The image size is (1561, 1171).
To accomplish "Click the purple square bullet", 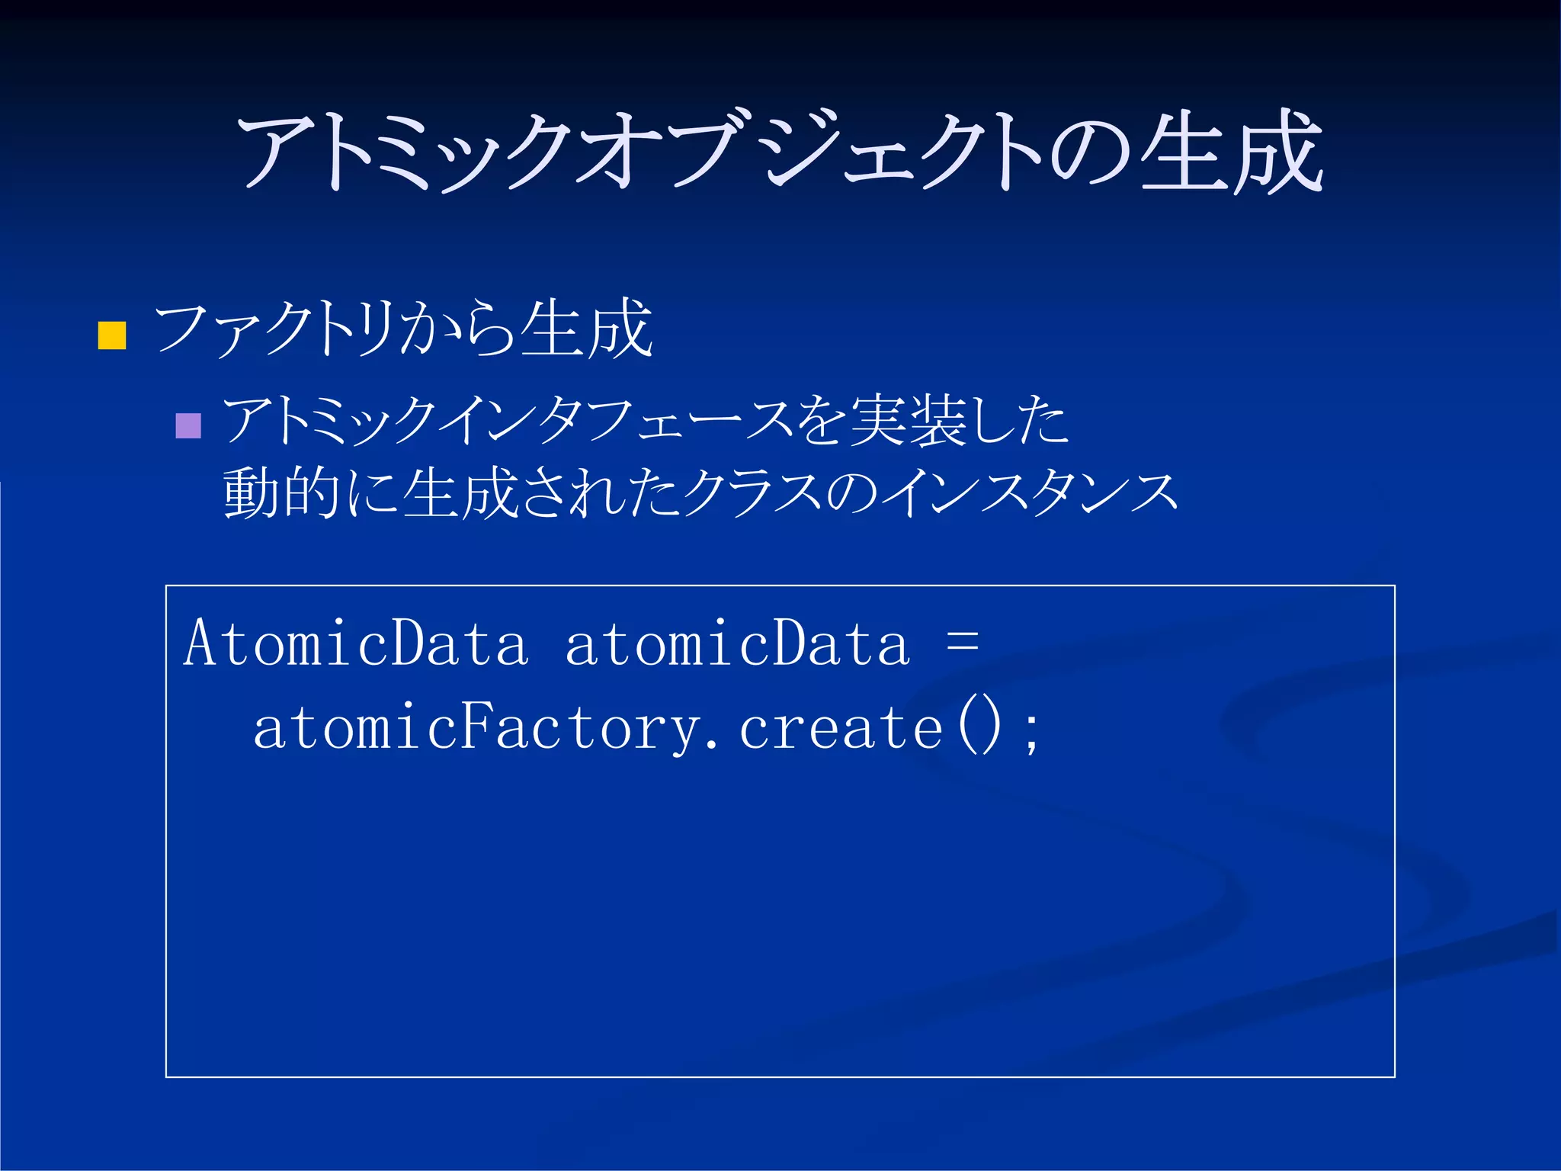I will point(188,425).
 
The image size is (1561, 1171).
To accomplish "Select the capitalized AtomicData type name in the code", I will point(355,643).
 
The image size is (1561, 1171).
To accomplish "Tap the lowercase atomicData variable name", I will point(737,643).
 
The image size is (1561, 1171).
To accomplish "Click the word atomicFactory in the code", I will point(476,728).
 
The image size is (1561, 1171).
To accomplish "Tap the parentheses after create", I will point(979,728).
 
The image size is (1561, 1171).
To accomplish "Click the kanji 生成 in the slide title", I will point(1230,152).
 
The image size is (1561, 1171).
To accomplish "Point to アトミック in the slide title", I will point(404,152).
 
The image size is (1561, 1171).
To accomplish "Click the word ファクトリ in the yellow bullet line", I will point(274,329).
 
